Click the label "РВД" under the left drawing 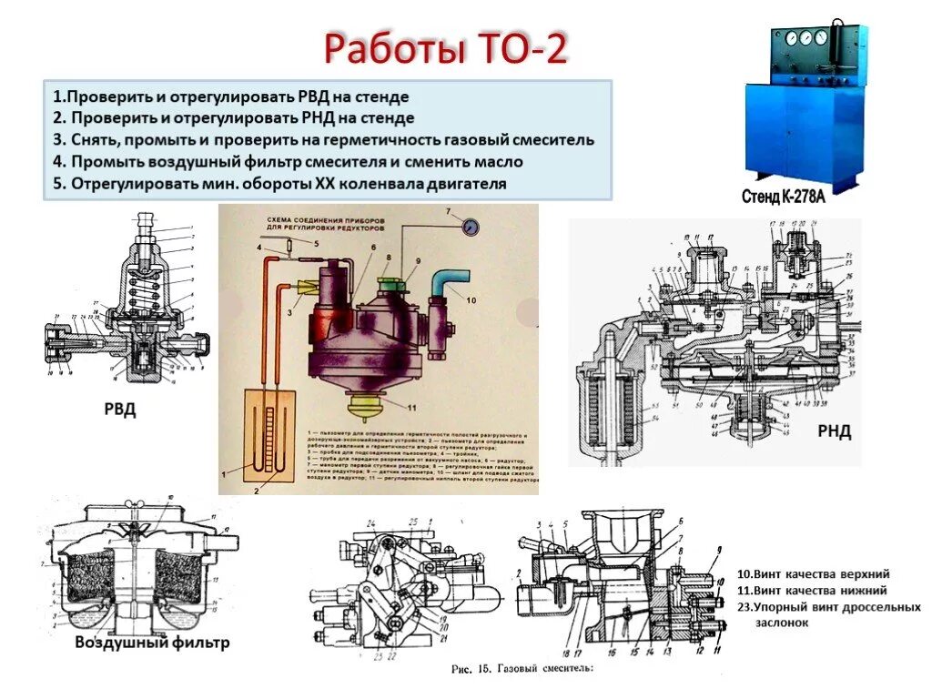[x=118, y=410]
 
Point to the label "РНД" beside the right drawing [x=833, y=431]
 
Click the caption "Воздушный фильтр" [x=152, y=643]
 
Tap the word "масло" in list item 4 [x=498, y=162]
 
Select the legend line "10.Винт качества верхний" [x=813, y=574]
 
